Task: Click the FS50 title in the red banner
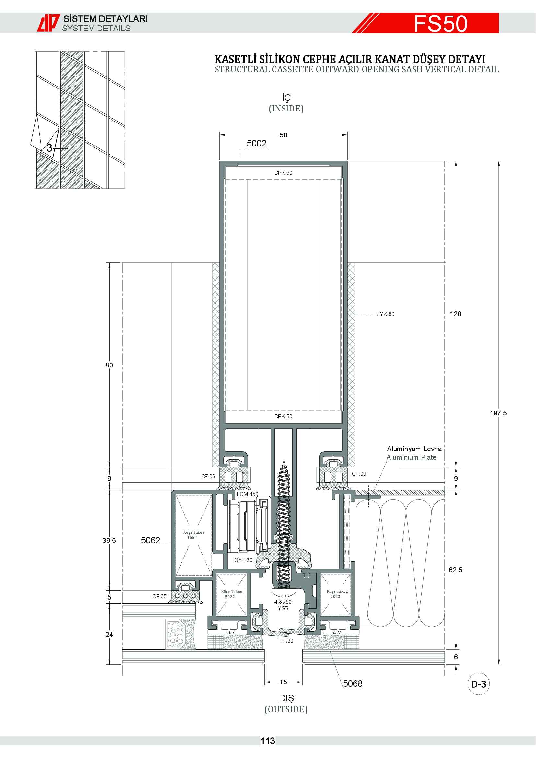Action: (x=441, y=23)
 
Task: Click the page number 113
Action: (x=268, y=741)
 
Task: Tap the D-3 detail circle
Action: (x=479, y=684)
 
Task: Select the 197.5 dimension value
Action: (x=498, y=413)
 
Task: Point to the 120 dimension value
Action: (x=455, y=314)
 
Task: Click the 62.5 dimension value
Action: (x=455, y=570)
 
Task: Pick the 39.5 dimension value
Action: (x=109, y=541)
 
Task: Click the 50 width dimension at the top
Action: (x=284, y=135)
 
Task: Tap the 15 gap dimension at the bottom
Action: (x=283, y=682)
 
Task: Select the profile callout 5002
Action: (x=256, y=143)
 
